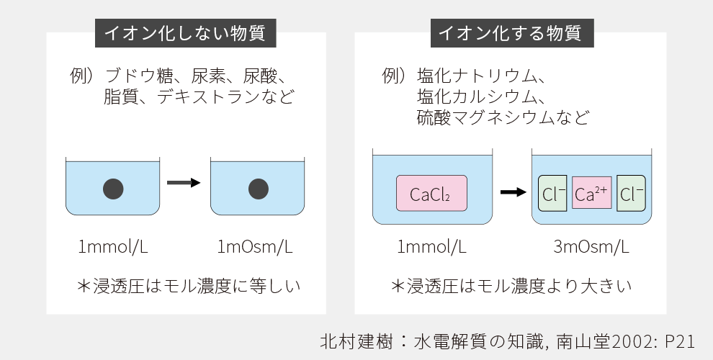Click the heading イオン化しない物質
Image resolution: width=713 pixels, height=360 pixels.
[x=185, y=33]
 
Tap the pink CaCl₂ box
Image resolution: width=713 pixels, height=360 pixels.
[x=431, y=194]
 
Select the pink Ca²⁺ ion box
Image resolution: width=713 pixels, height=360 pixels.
[x=591, y=193]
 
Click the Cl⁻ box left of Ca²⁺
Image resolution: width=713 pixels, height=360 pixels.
[x=553, y=193]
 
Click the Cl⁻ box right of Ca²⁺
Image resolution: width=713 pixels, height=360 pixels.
[x=631, y=193]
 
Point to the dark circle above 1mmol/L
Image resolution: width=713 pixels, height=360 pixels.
[x=113, y=189]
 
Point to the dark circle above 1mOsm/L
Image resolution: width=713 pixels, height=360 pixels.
[x=259, y=189]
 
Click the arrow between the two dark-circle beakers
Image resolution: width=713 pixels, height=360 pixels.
[x=183, y=183]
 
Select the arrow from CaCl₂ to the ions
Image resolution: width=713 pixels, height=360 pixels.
[x=512, y=192]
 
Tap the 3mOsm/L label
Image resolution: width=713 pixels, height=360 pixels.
[x=591, y=247]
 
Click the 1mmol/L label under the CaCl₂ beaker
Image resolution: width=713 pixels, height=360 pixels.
[x=431, y=247]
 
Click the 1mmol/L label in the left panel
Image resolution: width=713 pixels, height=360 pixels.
[x=113, y=247]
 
